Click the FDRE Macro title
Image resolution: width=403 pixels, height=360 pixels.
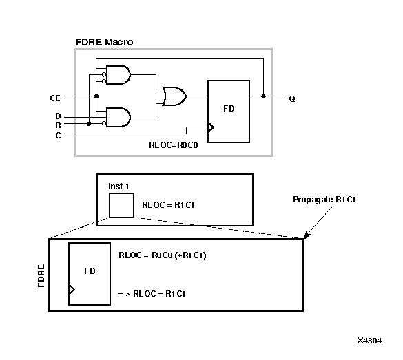pos(104,42)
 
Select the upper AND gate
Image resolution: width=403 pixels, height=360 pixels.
pos(118,75)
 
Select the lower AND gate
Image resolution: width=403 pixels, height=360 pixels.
pos(118,118)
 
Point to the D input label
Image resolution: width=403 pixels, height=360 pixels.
pos(58,116)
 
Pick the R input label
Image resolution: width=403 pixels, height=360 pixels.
pos(58,125)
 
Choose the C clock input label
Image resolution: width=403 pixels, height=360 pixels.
pos(58,135)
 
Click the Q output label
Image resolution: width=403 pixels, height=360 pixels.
pos(292,98)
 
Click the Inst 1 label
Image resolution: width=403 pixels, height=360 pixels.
pos(119,187)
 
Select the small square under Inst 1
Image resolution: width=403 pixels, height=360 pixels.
pos(121,205)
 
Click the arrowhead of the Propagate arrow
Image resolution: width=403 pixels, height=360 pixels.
pos(306,236)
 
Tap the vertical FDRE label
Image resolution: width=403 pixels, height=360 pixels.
pos(42,275)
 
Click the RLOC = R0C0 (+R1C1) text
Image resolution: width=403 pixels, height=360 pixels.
pos(163,255)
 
